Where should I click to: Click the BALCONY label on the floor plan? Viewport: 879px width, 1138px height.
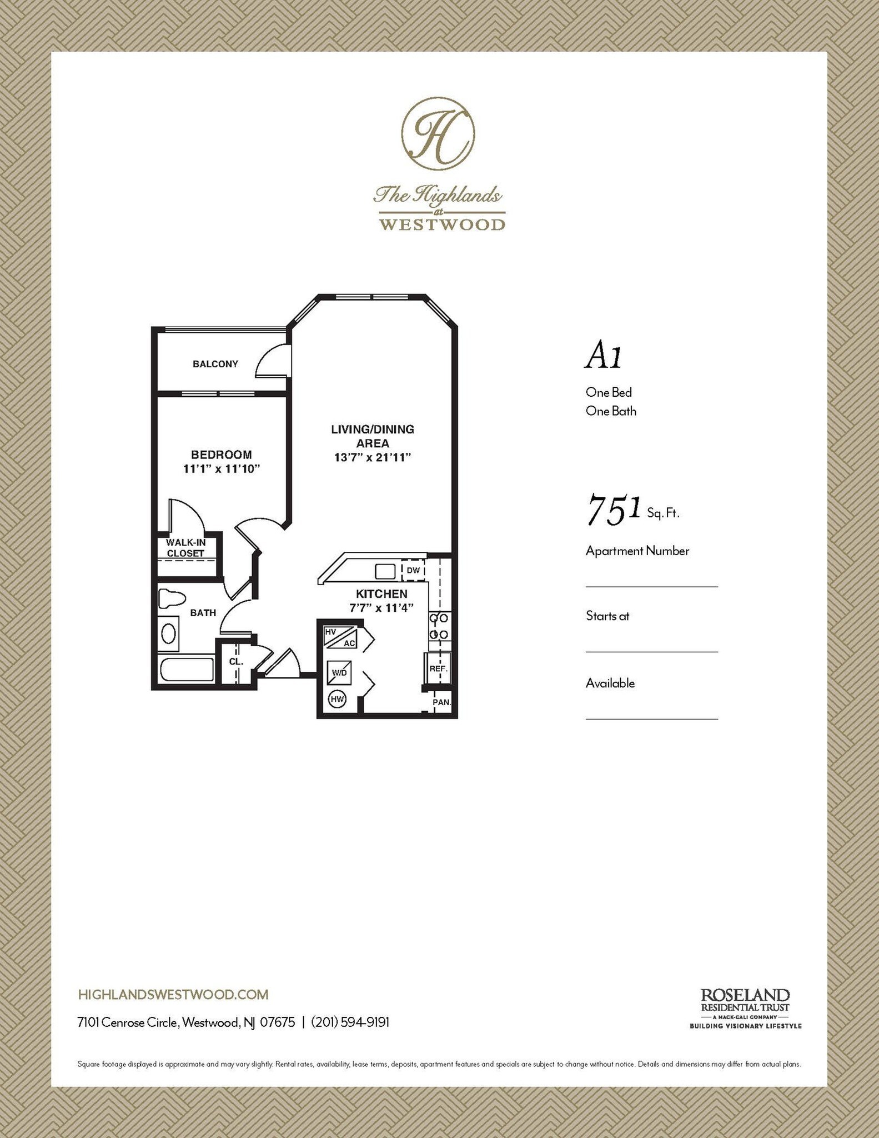[x=215, y=364]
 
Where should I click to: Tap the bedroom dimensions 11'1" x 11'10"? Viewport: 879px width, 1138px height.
[x=222, y=469]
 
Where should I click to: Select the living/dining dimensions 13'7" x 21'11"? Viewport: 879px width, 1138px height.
[x=372, y=458]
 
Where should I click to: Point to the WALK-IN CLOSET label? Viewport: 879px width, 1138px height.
[x=185, y=548]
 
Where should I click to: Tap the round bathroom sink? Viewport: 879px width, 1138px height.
[x=168, y=633]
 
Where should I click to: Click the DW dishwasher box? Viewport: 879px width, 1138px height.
[x=413, y=571]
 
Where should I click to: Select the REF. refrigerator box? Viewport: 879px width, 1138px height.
[x=438, y=668]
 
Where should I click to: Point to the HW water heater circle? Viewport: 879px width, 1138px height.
[x=337, y=699]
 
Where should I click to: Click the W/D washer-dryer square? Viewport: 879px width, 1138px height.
[x=339, y=672]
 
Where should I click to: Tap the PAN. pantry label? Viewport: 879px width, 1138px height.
[x=441, y=702]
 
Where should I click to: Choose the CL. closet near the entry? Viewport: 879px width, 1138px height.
[x=236, y=661]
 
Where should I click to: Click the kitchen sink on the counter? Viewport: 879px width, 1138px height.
[x=385, y=571]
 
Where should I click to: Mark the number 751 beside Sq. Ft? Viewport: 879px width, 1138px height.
[x=614, y=510]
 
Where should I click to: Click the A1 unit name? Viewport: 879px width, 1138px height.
[x=603, y=356]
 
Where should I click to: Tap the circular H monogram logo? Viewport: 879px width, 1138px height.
[x=438, y=134]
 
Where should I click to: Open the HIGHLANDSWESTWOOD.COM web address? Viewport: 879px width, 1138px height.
[x=174, y=994]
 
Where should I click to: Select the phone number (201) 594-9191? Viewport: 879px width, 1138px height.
[x=350, y=1022]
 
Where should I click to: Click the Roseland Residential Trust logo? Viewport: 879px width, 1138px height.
[x=745, y=1009]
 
